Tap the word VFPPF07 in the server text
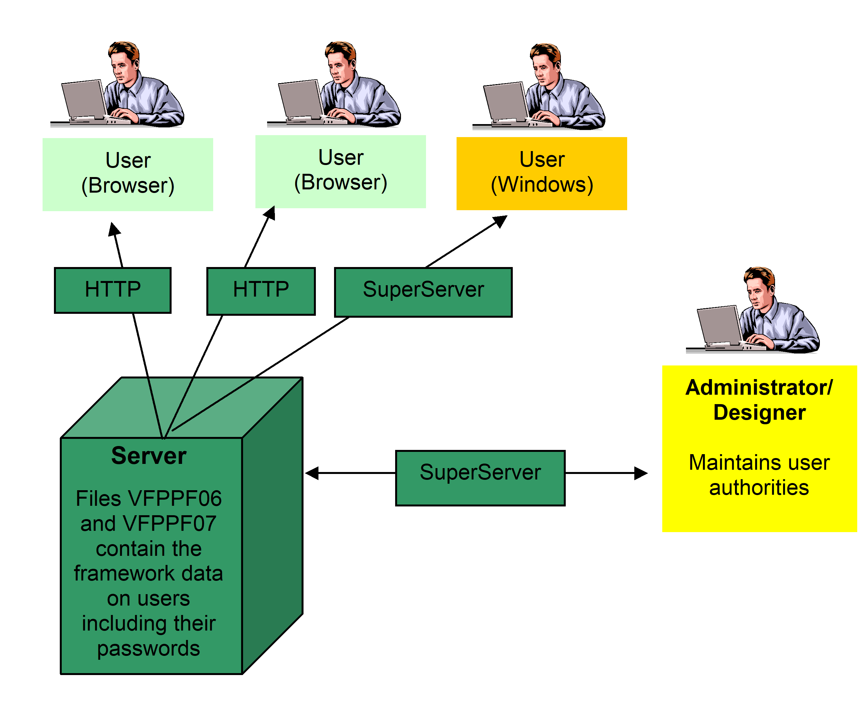coord(170,524)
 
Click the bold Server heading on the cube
coord(149,456)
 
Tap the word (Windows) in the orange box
coord(542,185)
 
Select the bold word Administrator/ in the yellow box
coord(759,388)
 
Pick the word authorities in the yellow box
coord(759,488)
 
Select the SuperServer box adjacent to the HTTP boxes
coord(423,292)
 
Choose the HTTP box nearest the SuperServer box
coord(261,291)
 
